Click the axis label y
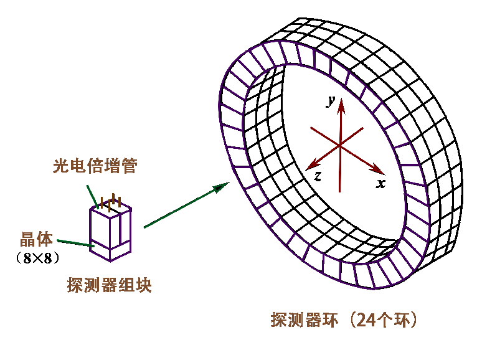pos(331,101)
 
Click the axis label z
pos(318,176)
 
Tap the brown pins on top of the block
pos(110,202)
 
